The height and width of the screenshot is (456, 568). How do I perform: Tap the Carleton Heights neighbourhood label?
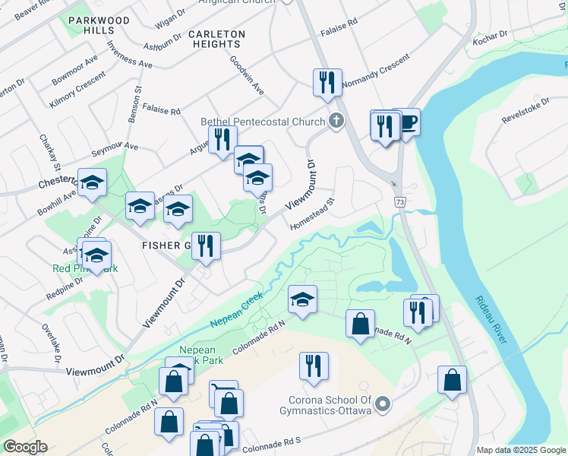tap(216, 40)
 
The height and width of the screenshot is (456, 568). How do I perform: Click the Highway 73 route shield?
tap(398, 202)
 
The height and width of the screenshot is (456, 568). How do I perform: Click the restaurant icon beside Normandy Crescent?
tap(327, 82)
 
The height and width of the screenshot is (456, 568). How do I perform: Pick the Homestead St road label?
tap(312, 215)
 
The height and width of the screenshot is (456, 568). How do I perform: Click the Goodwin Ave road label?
tap(247, 74)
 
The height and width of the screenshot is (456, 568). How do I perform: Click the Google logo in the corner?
tap(25, 447)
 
